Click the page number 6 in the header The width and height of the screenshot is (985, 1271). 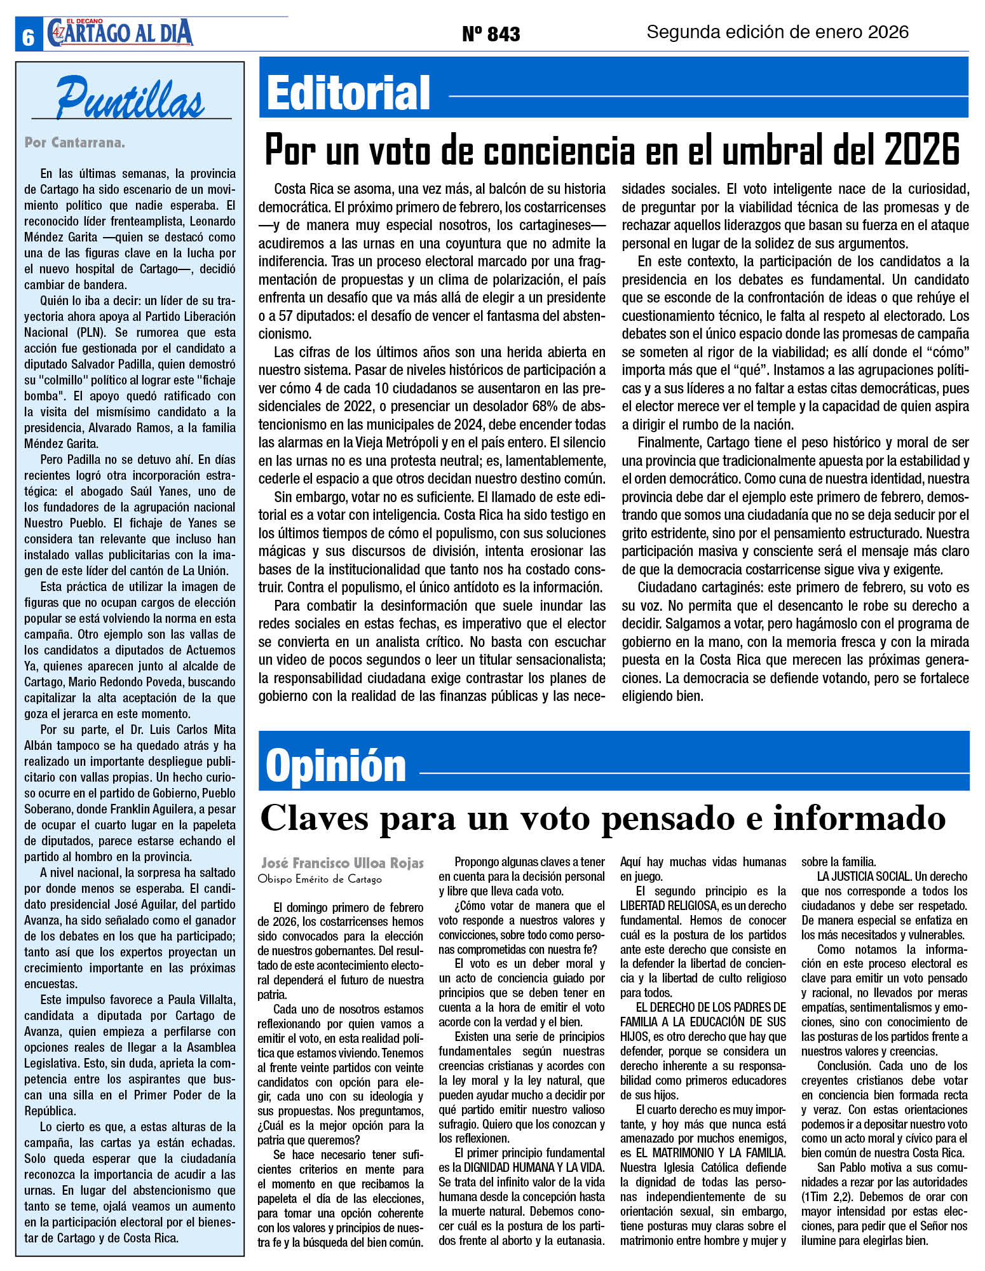click(x=28, y=37)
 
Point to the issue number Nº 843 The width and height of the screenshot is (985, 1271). click(x=491, y=34)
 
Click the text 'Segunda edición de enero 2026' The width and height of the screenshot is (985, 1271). click(x=777, y=32)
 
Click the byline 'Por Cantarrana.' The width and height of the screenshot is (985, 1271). click(x=74, y=142)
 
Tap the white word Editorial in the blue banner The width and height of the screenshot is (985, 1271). click(x=348, y=93)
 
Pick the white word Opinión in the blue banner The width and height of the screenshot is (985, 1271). click(x=336, y=765)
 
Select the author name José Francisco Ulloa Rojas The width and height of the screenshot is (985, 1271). click(x=342, y=863)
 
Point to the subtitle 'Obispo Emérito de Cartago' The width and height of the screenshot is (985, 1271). click(x=320, y=879)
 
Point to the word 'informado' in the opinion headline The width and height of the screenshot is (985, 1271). click(x=859, y=818)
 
